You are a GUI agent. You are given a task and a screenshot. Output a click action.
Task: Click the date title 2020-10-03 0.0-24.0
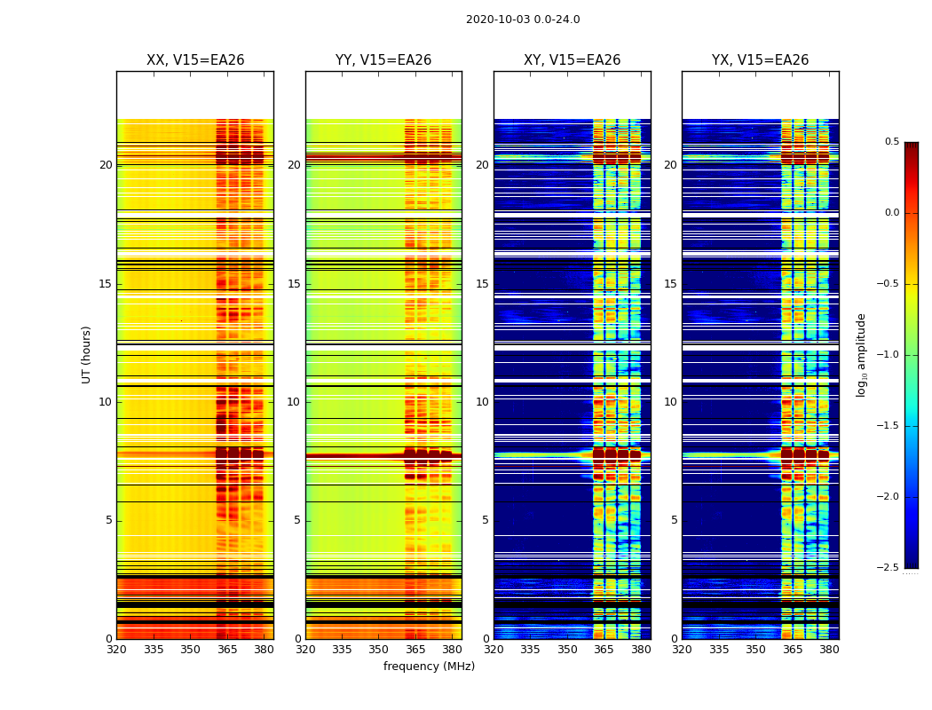click(523, 20)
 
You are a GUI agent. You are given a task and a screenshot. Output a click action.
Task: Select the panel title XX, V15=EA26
click(195, 60)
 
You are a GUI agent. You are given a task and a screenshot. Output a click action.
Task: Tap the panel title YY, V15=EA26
click(383, 60)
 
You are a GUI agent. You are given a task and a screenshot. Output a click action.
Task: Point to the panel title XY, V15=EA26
click(573, 60)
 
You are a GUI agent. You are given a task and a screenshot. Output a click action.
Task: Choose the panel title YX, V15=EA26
click(761, 60)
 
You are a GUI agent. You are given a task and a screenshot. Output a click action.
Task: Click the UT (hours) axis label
click(87, 354)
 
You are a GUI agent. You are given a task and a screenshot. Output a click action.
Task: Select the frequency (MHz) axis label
click(429, 667)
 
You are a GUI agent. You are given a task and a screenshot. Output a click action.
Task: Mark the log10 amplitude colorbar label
click(861, 354)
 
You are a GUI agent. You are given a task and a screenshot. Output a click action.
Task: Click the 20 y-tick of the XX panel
click(106, 165)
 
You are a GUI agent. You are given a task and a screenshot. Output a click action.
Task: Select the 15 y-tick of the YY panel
click(295, 284)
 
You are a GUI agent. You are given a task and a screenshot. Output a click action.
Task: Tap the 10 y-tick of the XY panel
click(483, 402)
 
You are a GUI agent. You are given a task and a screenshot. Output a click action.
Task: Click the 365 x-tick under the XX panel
click(227, 650)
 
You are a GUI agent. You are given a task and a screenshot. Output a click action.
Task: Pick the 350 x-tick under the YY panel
click(379, 650)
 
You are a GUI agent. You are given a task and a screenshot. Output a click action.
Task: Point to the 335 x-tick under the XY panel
click(531, 650)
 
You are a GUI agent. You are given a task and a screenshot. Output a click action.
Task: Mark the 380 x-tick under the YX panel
click(829, 650)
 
